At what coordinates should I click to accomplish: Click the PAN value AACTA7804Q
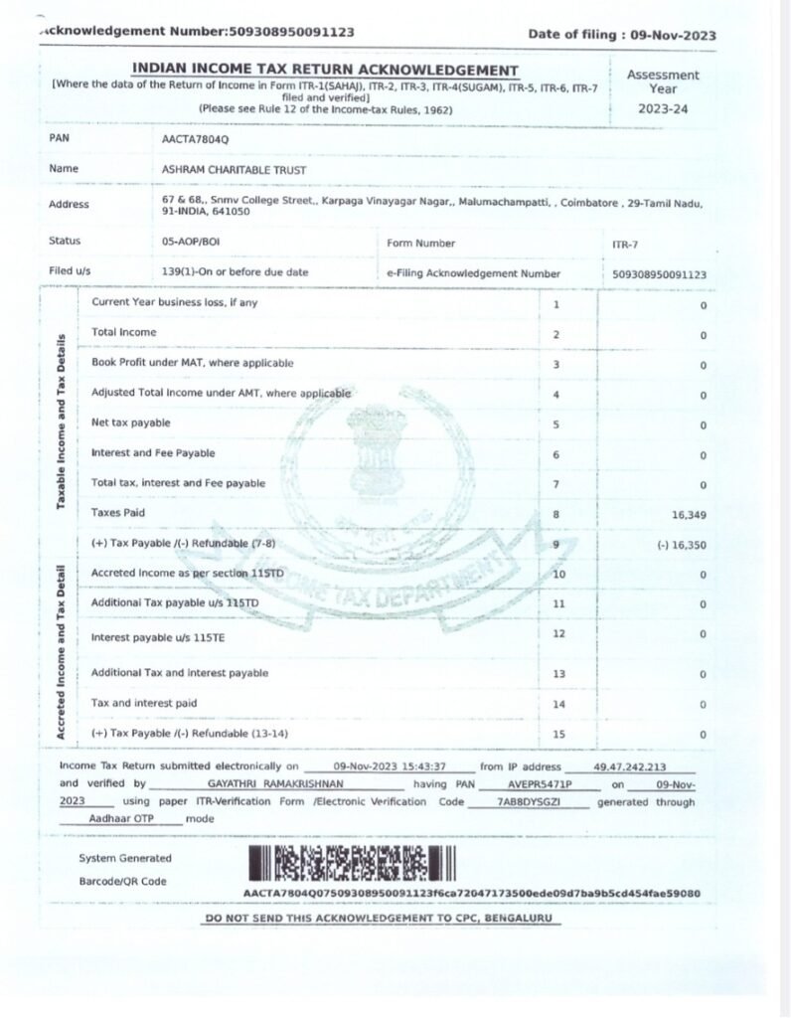pos(195,139)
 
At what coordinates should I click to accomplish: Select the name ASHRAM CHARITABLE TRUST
pos(234,170)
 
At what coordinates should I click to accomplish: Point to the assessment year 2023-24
pos(662,108)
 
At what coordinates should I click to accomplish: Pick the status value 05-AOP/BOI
pos(191,242)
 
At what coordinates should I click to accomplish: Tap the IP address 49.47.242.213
pos(629,767)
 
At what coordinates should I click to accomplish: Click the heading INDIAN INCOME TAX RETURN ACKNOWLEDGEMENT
pos(325,70)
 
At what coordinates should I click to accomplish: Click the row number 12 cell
pos(557,633)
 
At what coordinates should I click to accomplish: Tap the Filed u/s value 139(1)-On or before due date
pos(235,272)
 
